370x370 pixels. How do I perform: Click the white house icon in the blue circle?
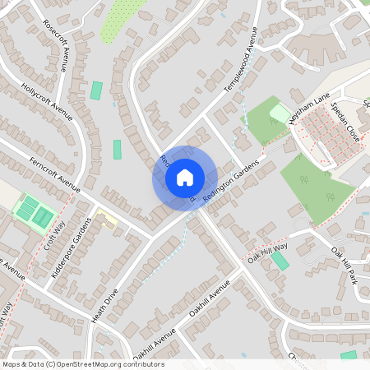[x=184, y=178]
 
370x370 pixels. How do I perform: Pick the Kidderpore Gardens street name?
[x=72, y=247]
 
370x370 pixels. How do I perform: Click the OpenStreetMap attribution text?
[x=82, y=364]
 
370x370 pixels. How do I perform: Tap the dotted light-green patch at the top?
[x=118, y=18]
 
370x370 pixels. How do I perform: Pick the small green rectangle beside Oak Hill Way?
[x=280, y=261]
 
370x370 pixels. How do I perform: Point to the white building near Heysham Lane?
[x=280, y=112]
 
